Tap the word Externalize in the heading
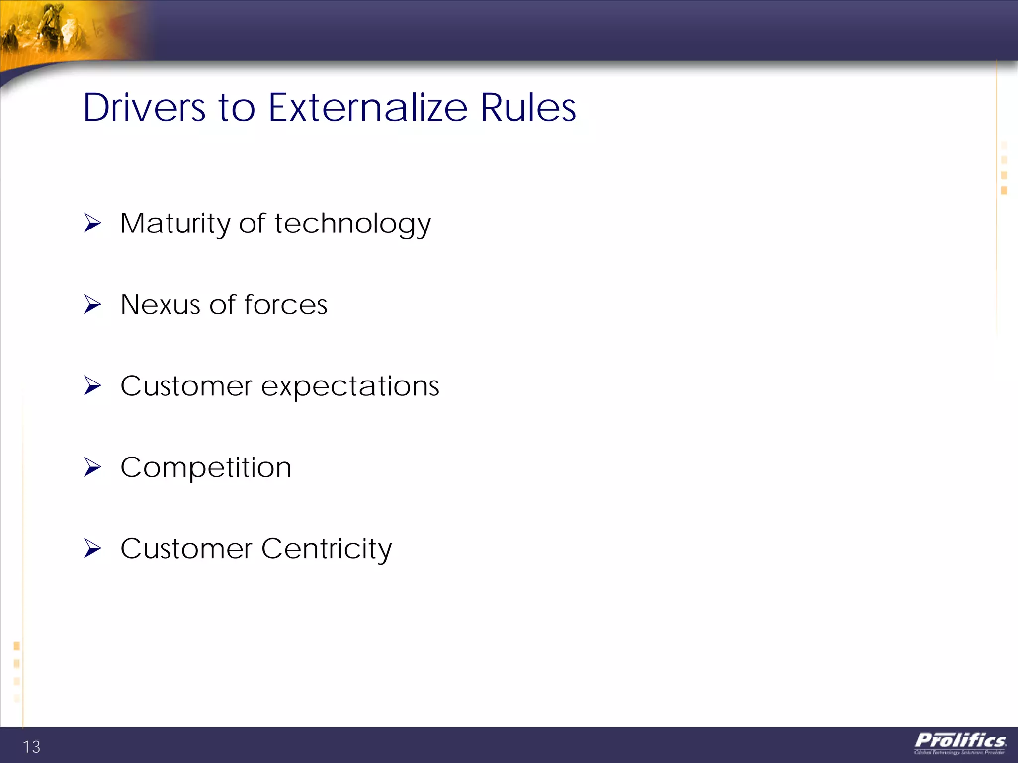(x=368, y=108)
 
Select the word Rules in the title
(x=528, y=108)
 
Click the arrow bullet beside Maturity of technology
(x=92, y=223)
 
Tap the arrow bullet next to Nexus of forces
(x=92, y=304)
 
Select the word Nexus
(x=161, y=305)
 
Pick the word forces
(x=286, y=305)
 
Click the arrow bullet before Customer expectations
(x=92, y=385)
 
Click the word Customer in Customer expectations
(x=186, y=386)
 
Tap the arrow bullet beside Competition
(x=92, y=467)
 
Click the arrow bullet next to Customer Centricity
(x=92, y=548)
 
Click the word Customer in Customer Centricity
(x=186, y=549)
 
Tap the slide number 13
(x=32, y=747)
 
